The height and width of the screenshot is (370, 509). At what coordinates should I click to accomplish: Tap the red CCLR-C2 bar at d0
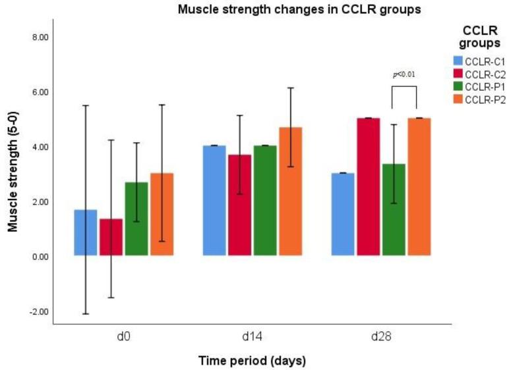(x=111, y=237)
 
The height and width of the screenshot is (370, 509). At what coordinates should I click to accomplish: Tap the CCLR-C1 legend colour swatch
(x=458, y=61)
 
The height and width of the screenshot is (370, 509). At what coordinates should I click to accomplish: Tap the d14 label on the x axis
(x=252, y=336)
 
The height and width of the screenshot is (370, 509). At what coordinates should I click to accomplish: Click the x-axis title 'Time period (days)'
(x=252, y=361)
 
